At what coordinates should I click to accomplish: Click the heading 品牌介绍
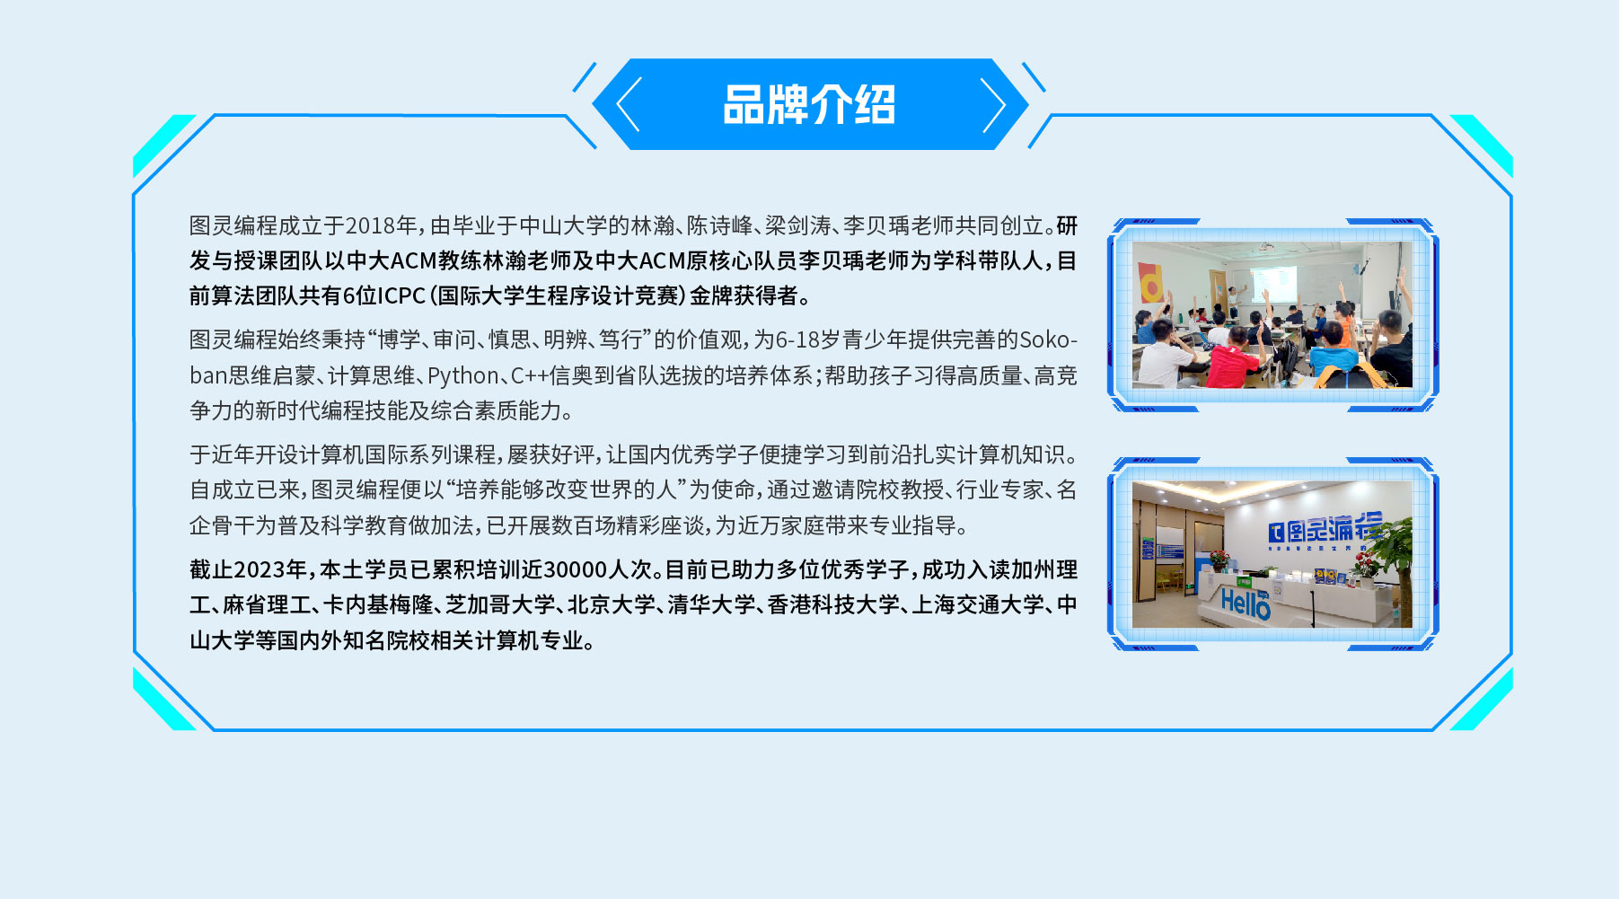(809, 104)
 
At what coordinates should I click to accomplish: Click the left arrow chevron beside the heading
(628, 104)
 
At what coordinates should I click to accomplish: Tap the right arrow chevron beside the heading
(993, 105)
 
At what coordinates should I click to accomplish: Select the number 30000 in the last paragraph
(576, 569)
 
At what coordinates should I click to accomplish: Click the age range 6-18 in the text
(797, 339)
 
